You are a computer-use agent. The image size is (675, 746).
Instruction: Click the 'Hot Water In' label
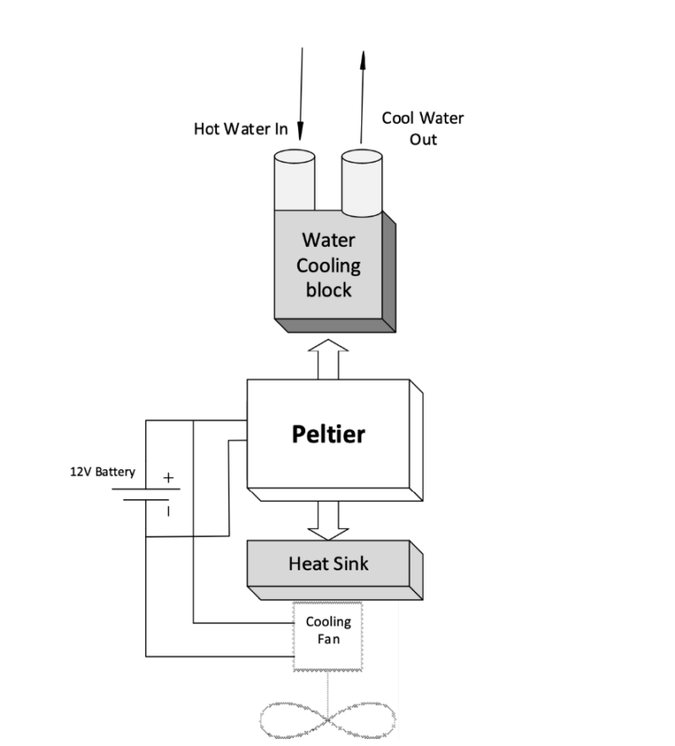point(240,129)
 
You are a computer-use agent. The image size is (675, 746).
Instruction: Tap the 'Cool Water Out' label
point(422,128)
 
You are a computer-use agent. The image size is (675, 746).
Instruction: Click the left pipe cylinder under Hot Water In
point(294,181)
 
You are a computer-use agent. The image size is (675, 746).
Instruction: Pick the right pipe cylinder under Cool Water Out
point(361,181)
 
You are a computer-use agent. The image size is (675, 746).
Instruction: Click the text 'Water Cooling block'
point(328,264)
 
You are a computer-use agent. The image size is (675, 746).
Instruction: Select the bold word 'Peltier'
point(328,434)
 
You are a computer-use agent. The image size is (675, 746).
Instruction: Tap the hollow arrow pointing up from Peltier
point(328,359)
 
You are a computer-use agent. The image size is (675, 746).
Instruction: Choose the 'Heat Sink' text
point(328,563)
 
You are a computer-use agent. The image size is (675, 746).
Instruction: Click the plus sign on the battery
point(169,479)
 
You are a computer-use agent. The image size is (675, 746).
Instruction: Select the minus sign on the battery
point(169,509)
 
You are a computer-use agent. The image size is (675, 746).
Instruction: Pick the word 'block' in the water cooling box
point(328,289)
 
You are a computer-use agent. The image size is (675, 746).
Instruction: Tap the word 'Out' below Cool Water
point(423,140)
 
